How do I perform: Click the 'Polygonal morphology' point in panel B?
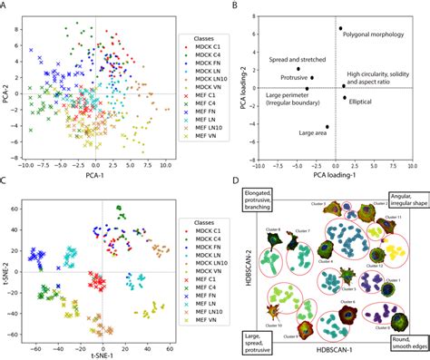click(341, 28)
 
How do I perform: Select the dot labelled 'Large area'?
click(327, 127)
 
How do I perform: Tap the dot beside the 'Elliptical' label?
click(344, 97)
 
